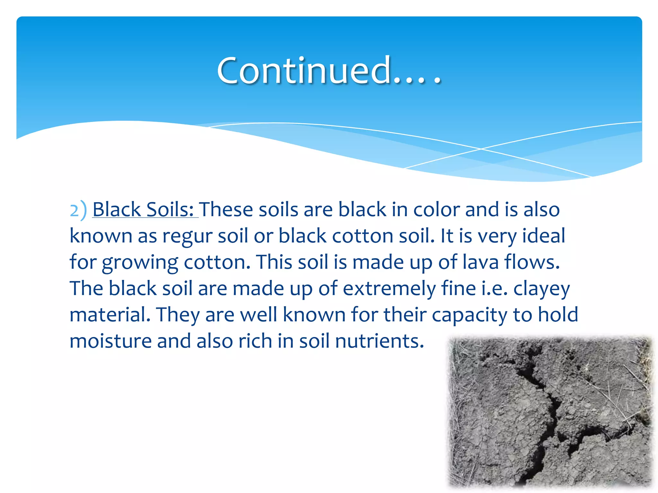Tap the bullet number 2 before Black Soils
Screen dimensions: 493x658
tap(74, 211)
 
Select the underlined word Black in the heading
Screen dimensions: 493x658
tap(117, 210)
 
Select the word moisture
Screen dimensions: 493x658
tap(111, 341)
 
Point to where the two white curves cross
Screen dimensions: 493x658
tap(481, 149)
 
